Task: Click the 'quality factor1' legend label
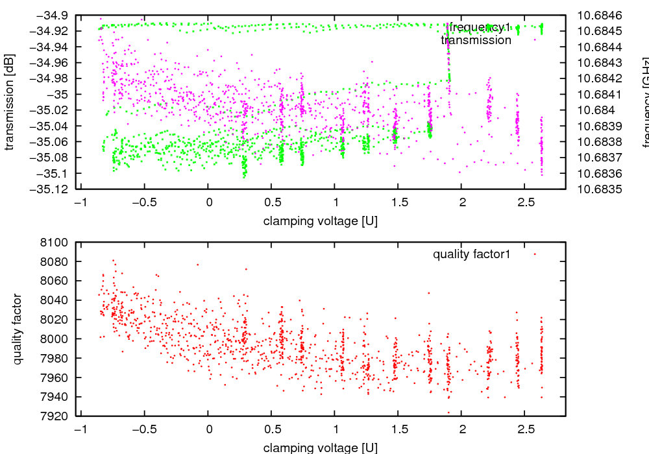tap(472, 254)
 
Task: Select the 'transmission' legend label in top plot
tap(476, 40)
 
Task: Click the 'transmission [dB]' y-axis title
tap(9, 102)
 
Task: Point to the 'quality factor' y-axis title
tap(18, 329)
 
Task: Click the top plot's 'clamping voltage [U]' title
tap(321, 221)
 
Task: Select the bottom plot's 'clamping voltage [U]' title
tap(321, 448)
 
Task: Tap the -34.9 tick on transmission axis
tap(53, 15)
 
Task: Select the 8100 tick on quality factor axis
tap(58, 243)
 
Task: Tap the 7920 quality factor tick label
tap(58, 416)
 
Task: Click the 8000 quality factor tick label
tap(58, 339)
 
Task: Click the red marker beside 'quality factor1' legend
tap(535, 254)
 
